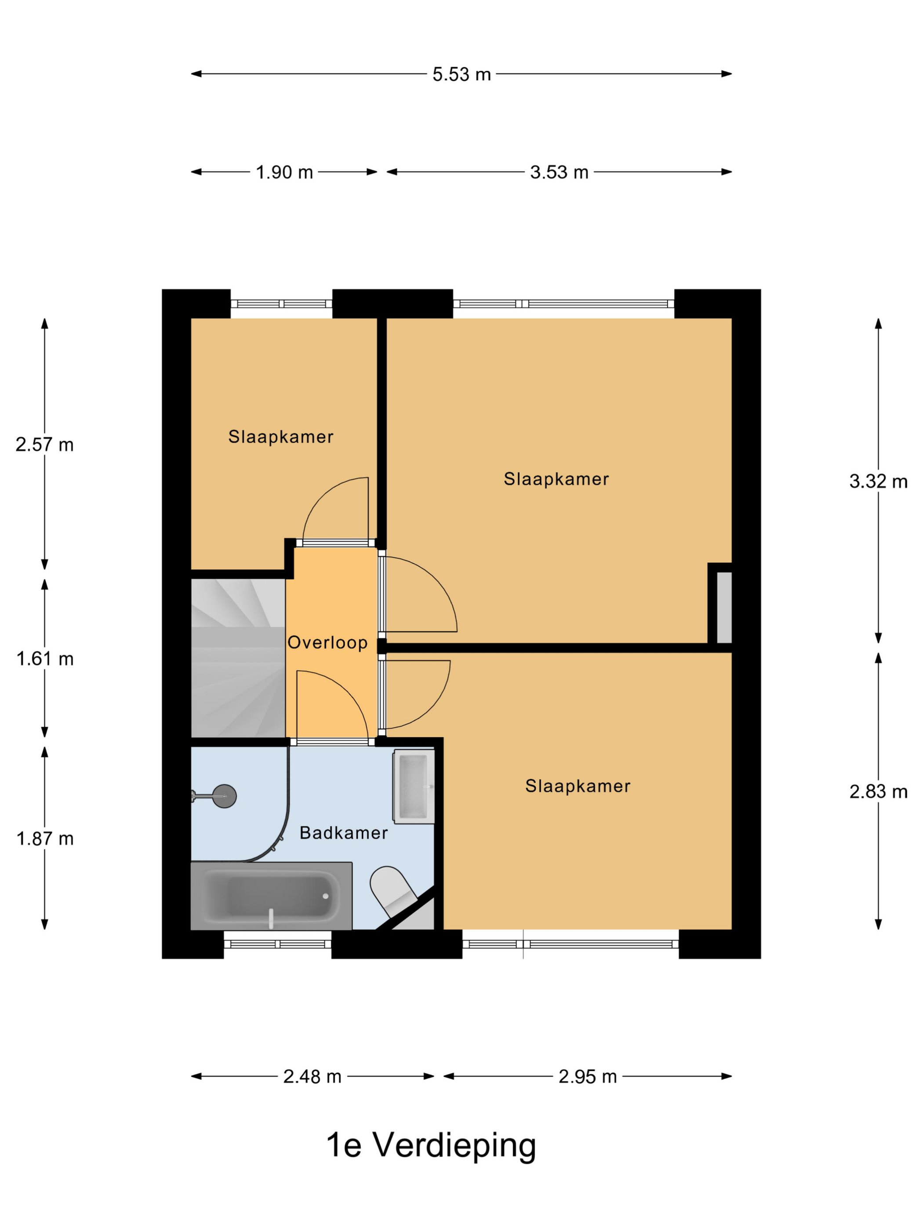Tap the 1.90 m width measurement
pos(284,172)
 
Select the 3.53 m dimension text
pos(559,172)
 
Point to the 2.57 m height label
pos(44,444)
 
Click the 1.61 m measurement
pos(44,659)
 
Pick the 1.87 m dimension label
pos(44,839)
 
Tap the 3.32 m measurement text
pos(878,481)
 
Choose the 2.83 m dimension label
pos(878,791)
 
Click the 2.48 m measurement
pos(312,1077)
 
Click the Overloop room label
pos(327,643)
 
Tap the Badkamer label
pos(343,833)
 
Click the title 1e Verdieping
pos(431,1147)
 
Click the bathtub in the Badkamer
pos(271,896)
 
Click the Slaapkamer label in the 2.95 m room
pos(578,787)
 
